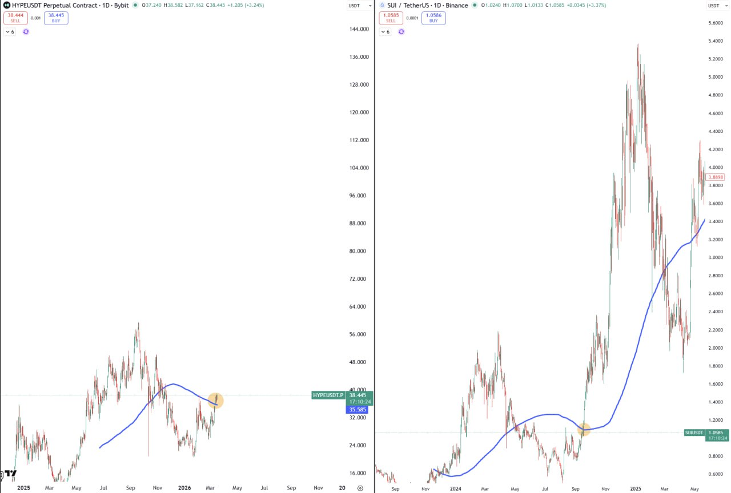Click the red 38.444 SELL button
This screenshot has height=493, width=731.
15,18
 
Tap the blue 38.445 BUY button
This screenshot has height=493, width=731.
56,18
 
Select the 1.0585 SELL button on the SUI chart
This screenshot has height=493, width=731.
391,18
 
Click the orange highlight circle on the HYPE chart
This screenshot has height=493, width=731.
215,401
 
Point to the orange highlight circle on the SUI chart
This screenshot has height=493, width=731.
584,430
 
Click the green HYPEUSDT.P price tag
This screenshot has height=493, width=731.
328,395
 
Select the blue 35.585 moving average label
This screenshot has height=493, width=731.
357,410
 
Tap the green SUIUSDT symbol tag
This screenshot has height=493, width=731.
694,433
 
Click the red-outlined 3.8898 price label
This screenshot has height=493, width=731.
715,177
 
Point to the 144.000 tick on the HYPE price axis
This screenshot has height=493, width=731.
359,29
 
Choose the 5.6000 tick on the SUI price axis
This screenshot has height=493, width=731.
716,23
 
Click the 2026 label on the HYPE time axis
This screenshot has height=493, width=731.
184,488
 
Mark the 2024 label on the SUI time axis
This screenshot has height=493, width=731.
455,489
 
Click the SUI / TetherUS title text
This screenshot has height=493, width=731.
408,5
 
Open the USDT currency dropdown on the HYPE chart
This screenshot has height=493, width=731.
360,6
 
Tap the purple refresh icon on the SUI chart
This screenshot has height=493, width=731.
401,31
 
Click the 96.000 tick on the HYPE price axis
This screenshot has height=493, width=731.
358,195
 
